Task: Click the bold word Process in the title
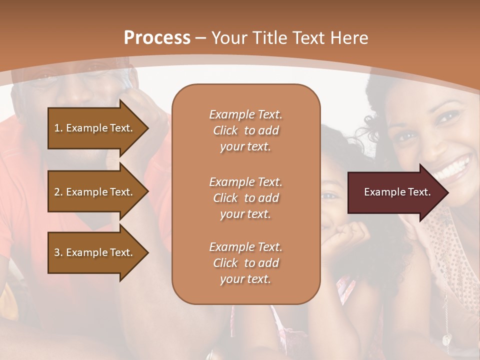(157, 38)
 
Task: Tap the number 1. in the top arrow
(58, 128)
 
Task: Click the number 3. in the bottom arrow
(58, 252)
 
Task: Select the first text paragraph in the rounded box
(245, 130)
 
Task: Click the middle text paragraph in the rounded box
(245, 197)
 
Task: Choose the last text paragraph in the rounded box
(245, 263)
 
